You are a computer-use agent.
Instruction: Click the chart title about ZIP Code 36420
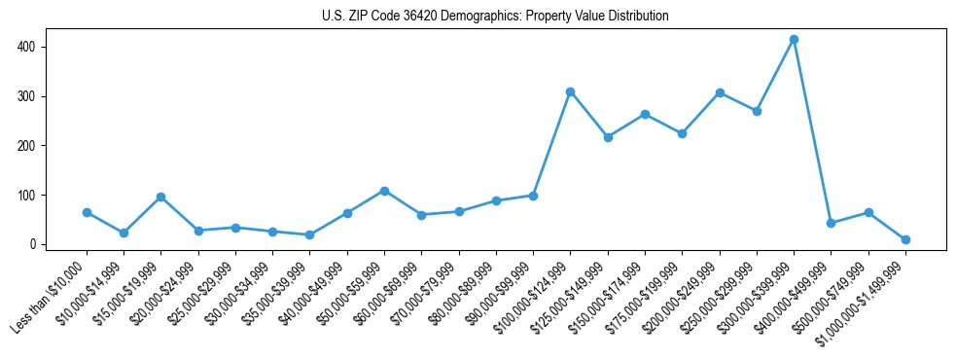coord(495,17)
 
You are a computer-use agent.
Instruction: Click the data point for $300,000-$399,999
coord(794,40)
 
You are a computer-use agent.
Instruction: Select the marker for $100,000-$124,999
coord(570,92)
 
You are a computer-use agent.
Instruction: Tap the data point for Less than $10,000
coord(87,212)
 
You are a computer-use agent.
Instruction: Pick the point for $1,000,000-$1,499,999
coord(905,239)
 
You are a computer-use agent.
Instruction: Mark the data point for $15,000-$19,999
coord(161,198)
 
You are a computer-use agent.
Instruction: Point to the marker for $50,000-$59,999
coord(384,191)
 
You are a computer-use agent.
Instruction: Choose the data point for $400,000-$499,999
coord(831,223)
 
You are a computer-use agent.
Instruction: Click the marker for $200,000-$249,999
coord(720,93)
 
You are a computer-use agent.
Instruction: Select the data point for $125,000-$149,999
coord(608,137)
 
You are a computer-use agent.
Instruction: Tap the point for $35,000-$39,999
coord(309,234)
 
